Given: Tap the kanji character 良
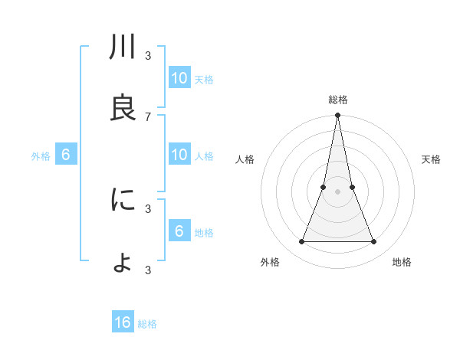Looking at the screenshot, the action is coord(123,108).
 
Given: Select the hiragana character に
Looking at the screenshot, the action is coord(123,201).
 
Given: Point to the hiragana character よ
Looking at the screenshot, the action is coord(123,263).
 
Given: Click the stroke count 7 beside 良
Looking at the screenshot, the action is coord(148,116).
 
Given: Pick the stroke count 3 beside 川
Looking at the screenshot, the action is coord(148,56).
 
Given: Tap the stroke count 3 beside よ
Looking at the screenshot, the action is coord(148,270).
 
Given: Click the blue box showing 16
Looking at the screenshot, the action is coord(123,322).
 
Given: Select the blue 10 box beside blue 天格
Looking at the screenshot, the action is coord(179,78).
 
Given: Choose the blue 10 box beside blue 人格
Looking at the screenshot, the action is coord(179,155).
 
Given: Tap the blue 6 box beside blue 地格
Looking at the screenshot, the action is coord(179,231).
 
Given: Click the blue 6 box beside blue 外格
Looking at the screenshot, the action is coord(66,155).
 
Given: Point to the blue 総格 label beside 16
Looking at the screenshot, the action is coord(147,324).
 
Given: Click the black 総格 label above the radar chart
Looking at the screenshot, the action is coord(338,100).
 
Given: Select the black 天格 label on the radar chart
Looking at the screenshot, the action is coord(431,159).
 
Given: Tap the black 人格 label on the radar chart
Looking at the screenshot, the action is coord(245,159).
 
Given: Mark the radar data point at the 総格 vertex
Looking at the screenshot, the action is coord(338,116).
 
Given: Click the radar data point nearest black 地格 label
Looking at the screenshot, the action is coord(374,242).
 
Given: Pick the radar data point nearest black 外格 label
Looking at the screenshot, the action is coord(301,242).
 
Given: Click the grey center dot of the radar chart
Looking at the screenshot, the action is coord(338,191).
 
